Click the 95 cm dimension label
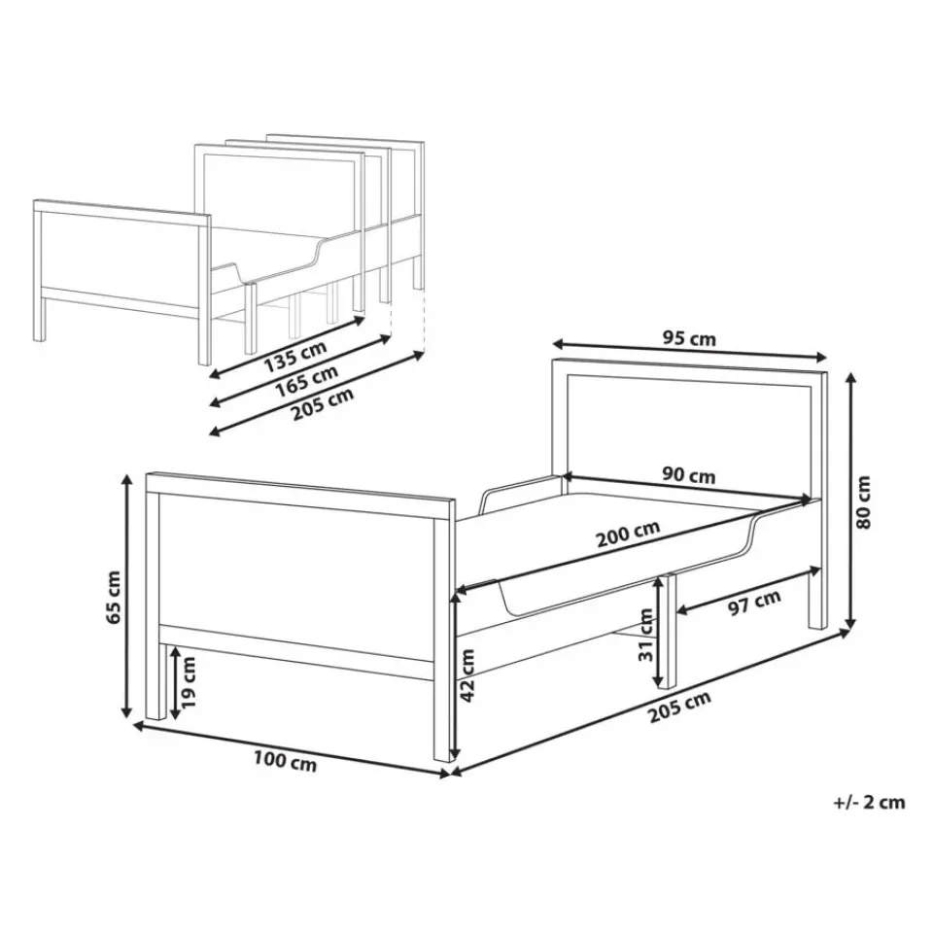[689, 338]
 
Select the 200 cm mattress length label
[629, 535]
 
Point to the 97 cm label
[754, 603]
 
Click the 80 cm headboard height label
[862, 502]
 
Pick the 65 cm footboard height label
[113, 598]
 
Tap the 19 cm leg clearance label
[188, 682]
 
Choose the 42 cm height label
[467, 675]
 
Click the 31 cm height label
[645, 635]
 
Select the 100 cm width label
[285, 762]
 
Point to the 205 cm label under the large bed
[679, 707]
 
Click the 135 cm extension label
[295, 356]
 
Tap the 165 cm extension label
[306, 380]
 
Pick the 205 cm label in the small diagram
[323, 403]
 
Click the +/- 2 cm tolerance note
[869, 802]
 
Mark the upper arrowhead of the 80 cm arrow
[852, 377]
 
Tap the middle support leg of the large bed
[671, 631]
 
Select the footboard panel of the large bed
[297, 570]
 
